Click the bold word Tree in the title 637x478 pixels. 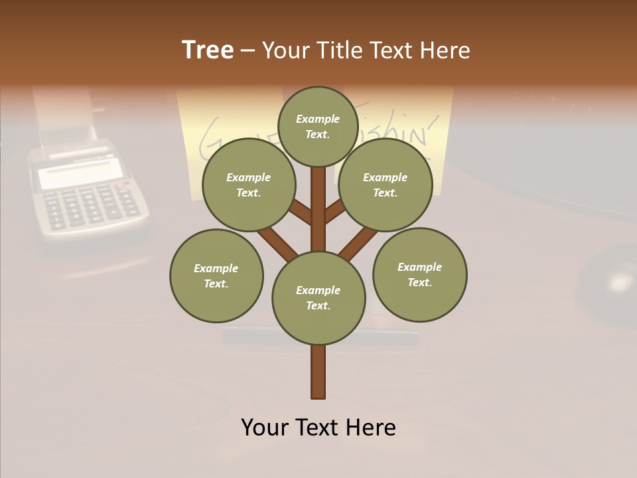point(208,50)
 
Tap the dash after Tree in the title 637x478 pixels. point(248,51)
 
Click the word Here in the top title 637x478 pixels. point(445,50)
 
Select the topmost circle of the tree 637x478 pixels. point(318,126)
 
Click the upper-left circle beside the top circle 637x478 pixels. point(248,185)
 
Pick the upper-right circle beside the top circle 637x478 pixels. point(386,185)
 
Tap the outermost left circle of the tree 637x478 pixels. point(216,276)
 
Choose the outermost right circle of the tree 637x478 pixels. point(419,274)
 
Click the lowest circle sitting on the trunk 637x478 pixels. point(318,297)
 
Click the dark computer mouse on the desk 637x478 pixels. point(610,279)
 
